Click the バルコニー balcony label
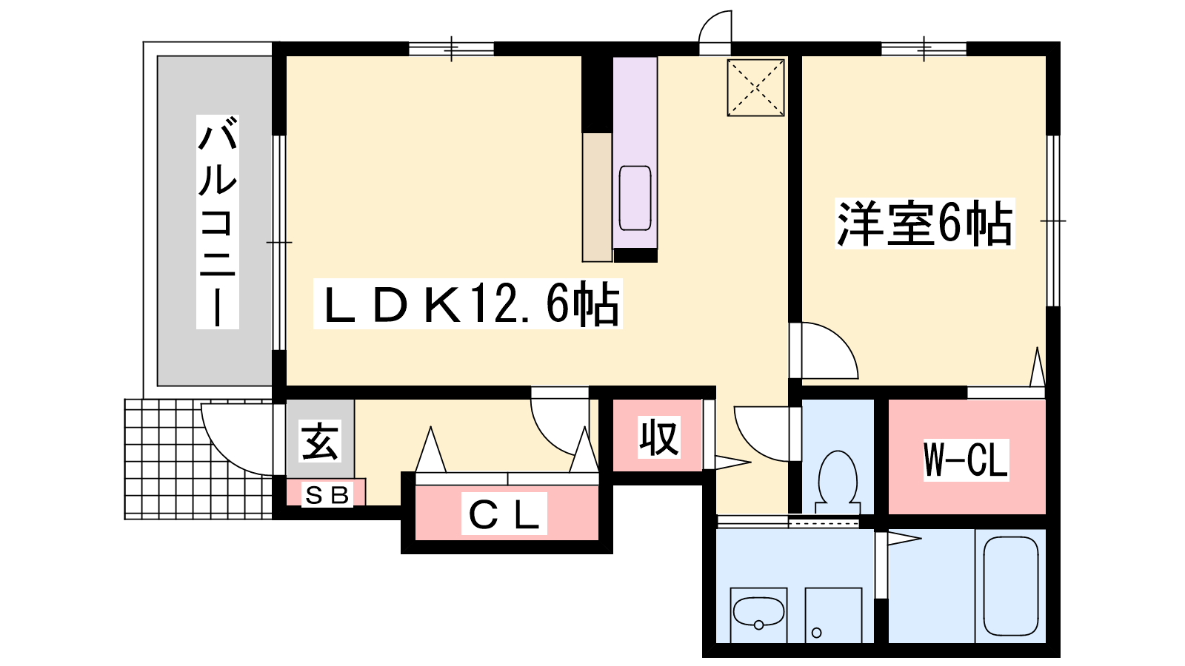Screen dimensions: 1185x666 (x=218, y=221)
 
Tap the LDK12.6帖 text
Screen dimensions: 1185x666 (x=467, y=304)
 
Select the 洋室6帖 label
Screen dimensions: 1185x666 (x=925, y=223)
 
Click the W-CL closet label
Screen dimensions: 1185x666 (x=966, y=460)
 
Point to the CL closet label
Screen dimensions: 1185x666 (x=504, y=514)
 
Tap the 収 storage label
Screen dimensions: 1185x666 (x=658, y=437)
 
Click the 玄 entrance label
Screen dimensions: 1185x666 (x=320, y=441)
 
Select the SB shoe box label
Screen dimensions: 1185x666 (x=327, y=495)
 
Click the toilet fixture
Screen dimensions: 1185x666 (x=838, y=482)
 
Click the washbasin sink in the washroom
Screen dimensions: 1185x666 (x=758, y=613)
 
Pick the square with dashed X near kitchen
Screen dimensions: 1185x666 (x=755, y=88)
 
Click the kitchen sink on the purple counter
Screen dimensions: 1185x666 (x=635, y=198)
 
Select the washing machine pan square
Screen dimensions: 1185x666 (x=833, y=615)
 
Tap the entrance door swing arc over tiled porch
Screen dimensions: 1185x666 (x=237, y=439)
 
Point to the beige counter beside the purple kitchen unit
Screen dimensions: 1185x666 (x=597, y=197)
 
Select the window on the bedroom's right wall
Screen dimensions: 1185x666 (x=1053, y=221)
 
